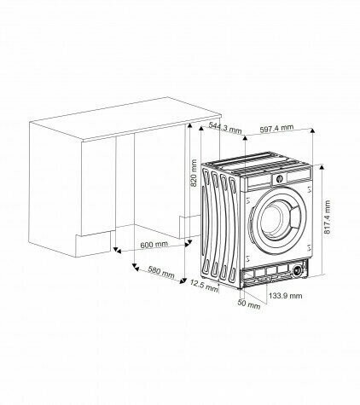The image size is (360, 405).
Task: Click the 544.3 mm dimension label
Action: click(x=225, y=129)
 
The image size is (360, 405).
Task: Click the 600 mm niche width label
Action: click(x=154, y=245)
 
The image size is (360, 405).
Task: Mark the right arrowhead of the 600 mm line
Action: click(x=185, y=247)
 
